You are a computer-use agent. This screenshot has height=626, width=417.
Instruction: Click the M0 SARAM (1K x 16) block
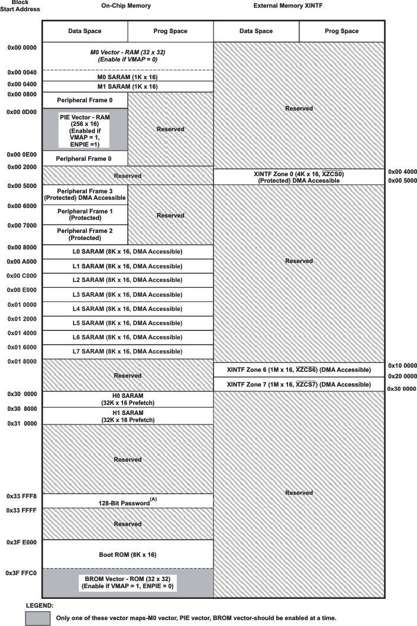pyautogui.click(x=127, y=77)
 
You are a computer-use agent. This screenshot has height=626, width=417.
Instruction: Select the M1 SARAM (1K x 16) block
pyautogui.click(x=127, y=86)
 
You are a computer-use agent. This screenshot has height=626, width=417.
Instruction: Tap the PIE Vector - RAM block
pyautogui.click(x=85, y=129)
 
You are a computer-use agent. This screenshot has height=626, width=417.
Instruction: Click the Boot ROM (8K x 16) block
pyautogui.click(x=127, y=554)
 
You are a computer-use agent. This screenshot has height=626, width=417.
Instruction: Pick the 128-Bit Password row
pyautogui.click(x=127, y=501)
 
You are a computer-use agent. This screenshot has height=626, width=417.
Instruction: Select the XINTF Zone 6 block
pyautogui.click(x=298, y=370)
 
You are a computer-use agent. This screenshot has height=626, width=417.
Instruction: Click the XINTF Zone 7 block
pyautogui.click(x=298, y=384)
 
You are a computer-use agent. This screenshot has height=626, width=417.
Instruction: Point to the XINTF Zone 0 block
pyautogui.click(x=298, y=177)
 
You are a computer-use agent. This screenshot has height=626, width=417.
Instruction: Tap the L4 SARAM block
pyautogui.click(x=127, y=309)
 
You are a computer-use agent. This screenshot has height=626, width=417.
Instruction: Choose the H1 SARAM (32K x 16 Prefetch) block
pyautogui.click(x=127, y=416)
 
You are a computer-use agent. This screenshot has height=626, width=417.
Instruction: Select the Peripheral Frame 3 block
pyautogui.click(x=85, y=194)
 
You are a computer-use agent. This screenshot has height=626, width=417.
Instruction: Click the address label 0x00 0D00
pyautogui.click(x=22, y=111)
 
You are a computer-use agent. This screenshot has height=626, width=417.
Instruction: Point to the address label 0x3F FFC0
pyautogui.click(x=22, y=573)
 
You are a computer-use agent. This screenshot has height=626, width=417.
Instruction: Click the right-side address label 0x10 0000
pyautogui.click(x=402, y=365)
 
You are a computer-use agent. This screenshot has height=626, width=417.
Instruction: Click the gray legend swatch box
pyautogui.click(x=37, y=618)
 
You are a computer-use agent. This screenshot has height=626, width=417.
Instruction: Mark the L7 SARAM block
pyautogui.click(x=127, y=351)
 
